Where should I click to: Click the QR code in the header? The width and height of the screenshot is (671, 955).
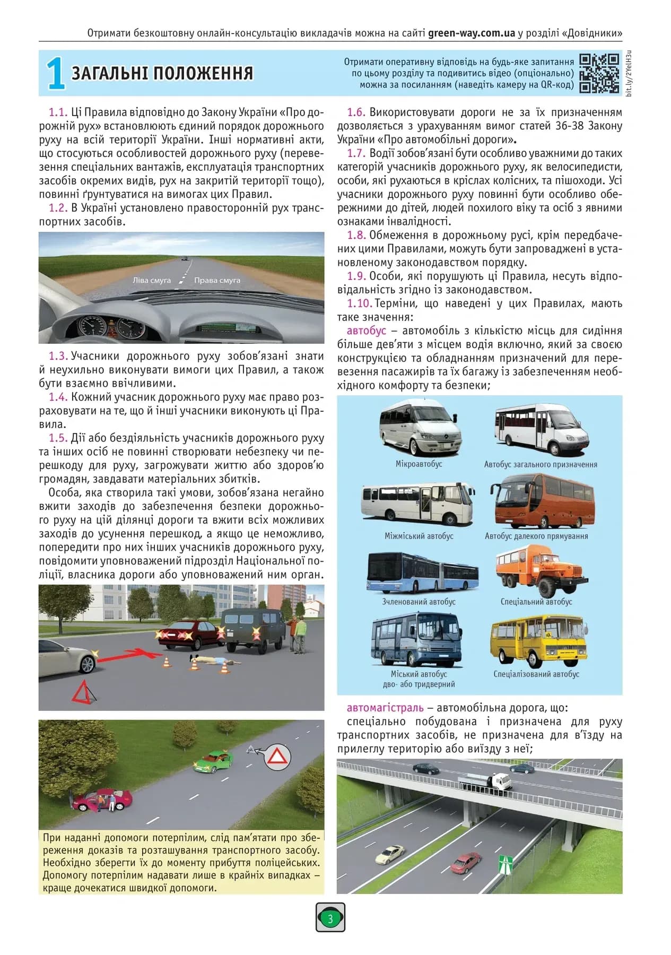[599, 73]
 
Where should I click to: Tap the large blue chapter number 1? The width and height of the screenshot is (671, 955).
[55, 74]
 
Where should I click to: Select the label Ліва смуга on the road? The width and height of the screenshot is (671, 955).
[152, 280]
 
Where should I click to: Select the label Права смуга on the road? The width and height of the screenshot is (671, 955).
[217, 280]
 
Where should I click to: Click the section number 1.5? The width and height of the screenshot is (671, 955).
[58, 438]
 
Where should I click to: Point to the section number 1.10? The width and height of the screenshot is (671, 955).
[359, 303]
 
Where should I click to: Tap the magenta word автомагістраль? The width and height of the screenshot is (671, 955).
[385, 708]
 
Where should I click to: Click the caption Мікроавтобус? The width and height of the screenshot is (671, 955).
[419, 464]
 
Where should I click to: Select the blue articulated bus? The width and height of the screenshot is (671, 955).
[422, 573]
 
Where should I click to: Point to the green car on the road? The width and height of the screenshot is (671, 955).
[213, 762]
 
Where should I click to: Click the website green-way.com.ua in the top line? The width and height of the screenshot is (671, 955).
[471, 33]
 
